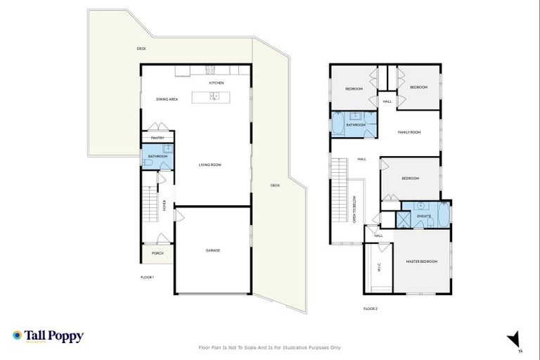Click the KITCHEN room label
(217, 84)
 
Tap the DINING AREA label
(167, 99)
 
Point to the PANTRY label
(157, 138)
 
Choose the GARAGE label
(213, 250)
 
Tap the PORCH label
(157, 253)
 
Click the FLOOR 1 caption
(147, 278)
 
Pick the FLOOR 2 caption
(371, 309)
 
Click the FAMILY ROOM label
(409, 132)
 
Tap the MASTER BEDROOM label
(421, 262)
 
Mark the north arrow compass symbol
(515, 339)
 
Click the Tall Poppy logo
(48, 337)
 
